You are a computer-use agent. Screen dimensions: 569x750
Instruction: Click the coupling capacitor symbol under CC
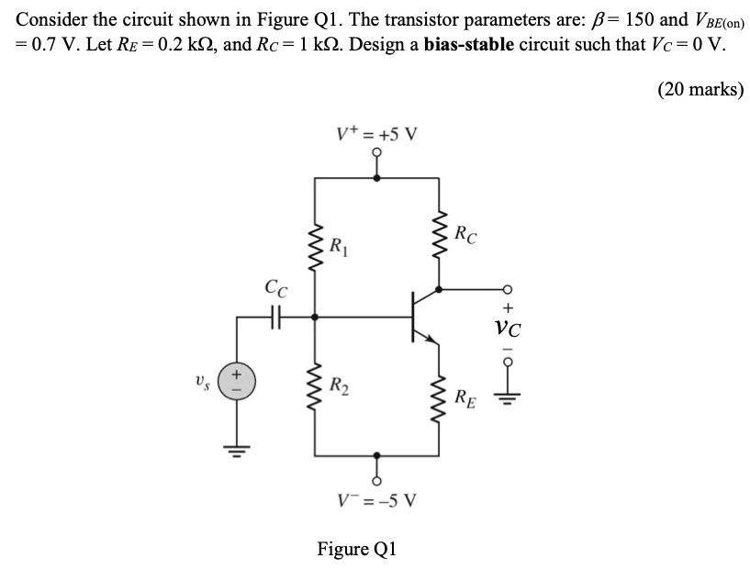(x=273, y=316)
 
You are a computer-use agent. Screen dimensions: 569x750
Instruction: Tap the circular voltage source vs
(x=236, y=380)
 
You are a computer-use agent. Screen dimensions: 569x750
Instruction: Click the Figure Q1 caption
(x=357, y=549)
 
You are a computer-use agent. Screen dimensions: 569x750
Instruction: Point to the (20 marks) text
(x=700, y=89)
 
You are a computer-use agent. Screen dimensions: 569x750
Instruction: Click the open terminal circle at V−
(x=376, y=477)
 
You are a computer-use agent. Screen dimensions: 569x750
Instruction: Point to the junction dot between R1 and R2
(x=315, y=316)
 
